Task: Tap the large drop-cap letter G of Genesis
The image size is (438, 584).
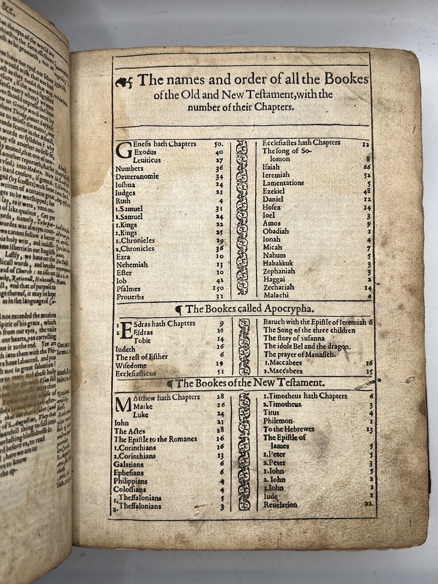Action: tap(122, 152)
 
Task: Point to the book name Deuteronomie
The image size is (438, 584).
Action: tap(137, 177)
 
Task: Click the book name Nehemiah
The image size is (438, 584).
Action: tap(132, 264)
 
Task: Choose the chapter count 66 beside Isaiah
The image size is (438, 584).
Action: tap(367, 167)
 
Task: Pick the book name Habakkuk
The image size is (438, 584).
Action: tap(278, 263)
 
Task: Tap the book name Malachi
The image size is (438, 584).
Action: tap(276, 295)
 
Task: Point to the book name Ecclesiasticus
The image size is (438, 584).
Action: tap(136, 373)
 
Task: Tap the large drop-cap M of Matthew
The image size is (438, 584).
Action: tap(123, 404)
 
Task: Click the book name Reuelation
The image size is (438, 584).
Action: tap(280, 505)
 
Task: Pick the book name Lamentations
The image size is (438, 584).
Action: tap(283, 183)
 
